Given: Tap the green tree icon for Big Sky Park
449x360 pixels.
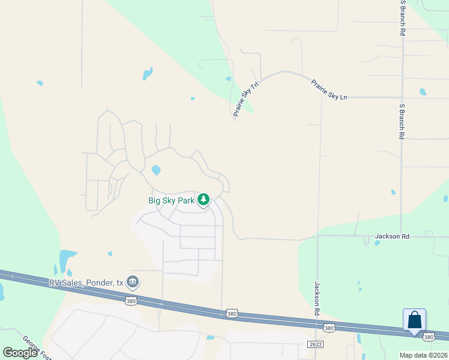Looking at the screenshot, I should pyautogui.click(x=204, y=199).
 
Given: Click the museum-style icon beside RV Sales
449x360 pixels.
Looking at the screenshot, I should pyautogui.click(x=133, y=281).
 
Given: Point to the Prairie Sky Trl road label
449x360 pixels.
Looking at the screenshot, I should pyautogui.click(x=246, y=99).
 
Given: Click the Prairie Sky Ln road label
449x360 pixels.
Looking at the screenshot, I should pyautogui.click(x=329, y=89).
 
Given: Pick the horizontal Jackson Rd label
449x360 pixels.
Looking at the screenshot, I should pyautogui.click(x=392, y=236).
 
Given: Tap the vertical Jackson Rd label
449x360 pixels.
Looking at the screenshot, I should pyautogui.click(x=316, y=298).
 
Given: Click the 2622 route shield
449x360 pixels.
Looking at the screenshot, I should pyautogui.click(x=316, y=344).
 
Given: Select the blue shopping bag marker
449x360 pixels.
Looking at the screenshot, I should pyautogui.click(x=415, y=320).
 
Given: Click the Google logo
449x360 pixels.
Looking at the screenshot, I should pyautogui.click(x=20, y=353).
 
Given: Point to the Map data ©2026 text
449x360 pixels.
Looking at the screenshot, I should pyautogui.click(x=424, y=355).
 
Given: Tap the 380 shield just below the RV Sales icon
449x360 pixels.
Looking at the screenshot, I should pyautogui.click(x=131, y=301).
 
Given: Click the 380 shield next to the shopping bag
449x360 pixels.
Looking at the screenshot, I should pyautogui.click(x=428, y=338).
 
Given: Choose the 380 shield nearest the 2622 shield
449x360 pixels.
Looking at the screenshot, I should pyautogui.click(x=328, y=328).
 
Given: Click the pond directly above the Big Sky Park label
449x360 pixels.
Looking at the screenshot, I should pyautogui.click(x=156, y=170).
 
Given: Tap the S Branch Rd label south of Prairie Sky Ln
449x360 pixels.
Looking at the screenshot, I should pyautogui.click(x=402, y=121).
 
